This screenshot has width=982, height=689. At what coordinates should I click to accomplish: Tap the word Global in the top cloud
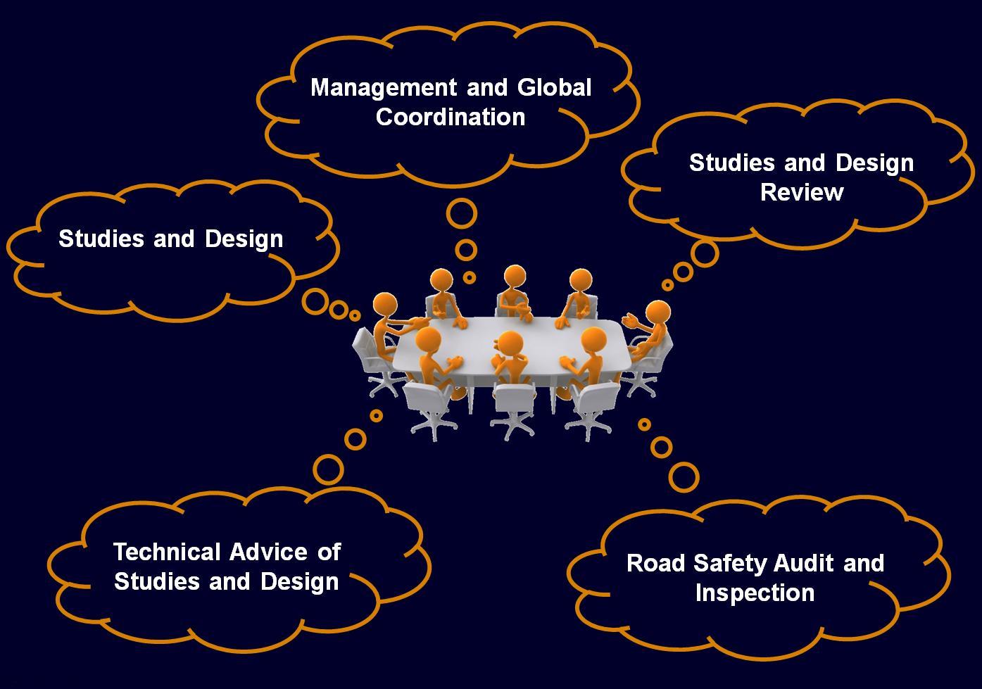554,88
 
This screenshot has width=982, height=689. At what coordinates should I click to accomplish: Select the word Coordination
451,117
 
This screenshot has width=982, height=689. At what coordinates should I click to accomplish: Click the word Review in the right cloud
801,192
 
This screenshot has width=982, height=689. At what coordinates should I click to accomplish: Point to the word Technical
167,552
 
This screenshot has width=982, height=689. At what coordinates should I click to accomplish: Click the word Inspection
755,593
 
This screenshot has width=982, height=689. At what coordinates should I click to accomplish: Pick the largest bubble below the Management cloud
462,213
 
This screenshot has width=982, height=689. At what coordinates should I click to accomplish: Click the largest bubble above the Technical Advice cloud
328,469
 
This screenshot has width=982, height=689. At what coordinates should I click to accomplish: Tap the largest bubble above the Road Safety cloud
684,476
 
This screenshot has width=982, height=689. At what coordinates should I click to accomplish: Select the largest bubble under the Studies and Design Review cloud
704,253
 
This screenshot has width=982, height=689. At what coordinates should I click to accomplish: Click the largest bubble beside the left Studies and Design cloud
315,302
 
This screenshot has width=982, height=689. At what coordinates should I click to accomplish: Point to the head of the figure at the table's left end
384,306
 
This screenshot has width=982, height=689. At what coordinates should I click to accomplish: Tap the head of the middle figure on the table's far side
515,277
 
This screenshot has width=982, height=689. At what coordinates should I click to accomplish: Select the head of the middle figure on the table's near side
510,344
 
